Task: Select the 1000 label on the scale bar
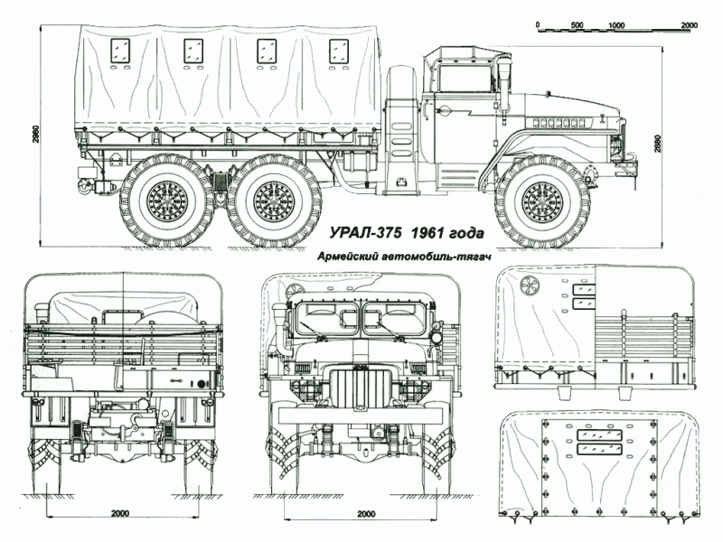tap(619, 25)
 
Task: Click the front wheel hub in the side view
tap(542, 201)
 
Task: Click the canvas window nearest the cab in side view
tap(341, 51)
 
